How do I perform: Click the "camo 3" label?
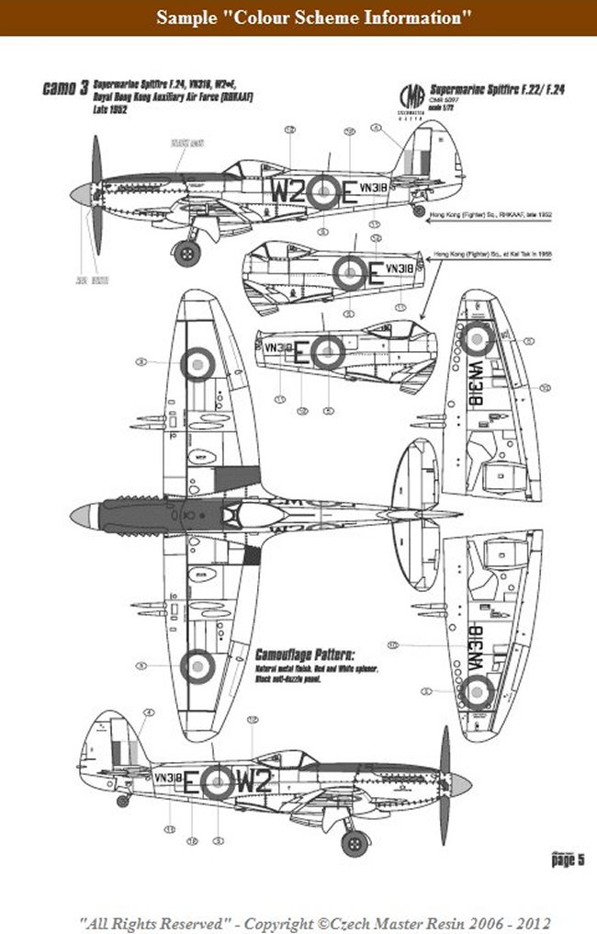click(65, 90)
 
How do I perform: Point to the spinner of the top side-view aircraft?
click(81, 194)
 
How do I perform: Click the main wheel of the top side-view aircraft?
click(187, 252)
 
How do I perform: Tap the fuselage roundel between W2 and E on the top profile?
click(323, 191)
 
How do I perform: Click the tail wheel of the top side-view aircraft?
click(419, 211)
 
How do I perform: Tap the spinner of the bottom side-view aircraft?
click(459, 784)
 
